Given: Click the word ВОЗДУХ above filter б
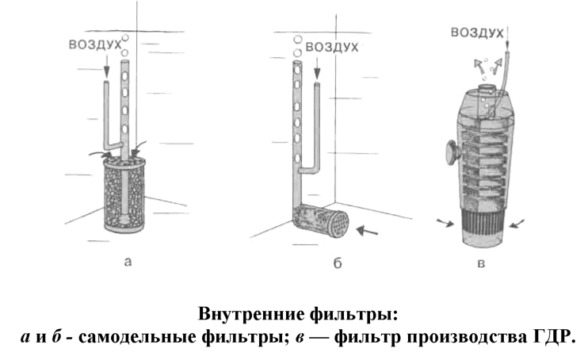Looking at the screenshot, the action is [332, 47].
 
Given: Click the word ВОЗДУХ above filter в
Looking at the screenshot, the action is [477, 32].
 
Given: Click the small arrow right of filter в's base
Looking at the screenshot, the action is [517, 225].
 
